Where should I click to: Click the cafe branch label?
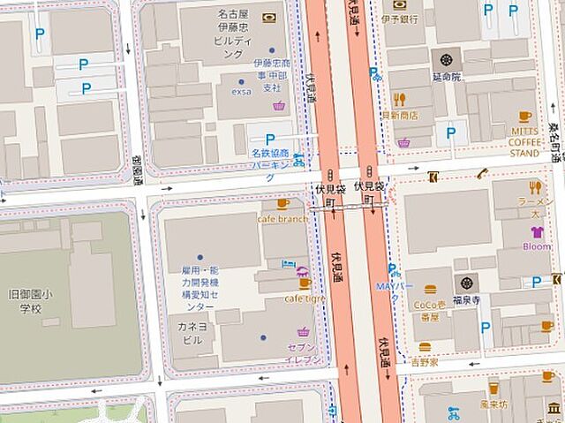point(282,219)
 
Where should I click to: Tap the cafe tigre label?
point(304,298)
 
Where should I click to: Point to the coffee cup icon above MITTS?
point(524,116)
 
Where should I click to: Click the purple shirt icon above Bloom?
point(535,232)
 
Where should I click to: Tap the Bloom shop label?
point(536,246)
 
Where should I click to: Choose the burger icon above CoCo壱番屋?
point(430,289)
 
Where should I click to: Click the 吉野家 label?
point(425,362)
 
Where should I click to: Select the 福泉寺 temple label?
point(466,299)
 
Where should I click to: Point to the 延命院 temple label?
point(447,77)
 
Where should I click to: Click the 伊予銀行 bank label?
point(399,19)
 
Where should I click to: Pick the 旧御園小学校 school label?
point(25,301)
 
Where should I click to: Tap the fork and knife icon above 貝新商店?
point(399,100)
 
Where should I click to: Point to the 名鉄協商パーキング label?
point(269,159)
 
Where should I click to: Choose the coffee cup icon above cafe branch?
point(282,204)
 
